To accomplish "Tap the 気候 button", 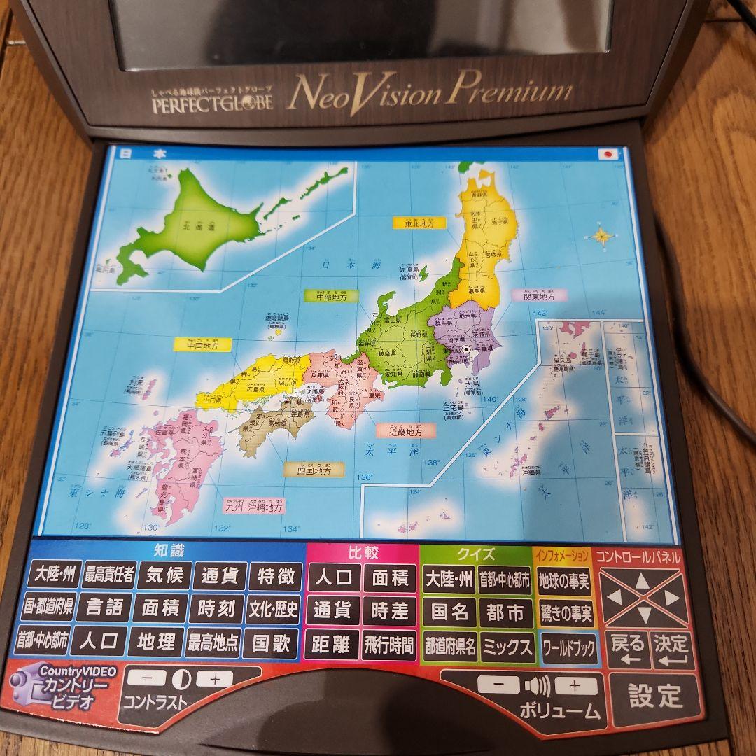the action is point(164,576).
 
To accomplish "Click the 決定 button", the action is point(670,650).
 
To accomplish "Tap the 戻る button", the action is point(627,650).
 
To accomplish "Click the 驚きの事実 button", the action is point(566,614).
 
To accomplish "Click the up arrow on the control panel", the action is point(642,580).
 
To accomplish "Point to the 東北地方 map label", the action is point(418,223).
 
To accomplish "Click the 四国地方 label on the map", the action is point(314,470).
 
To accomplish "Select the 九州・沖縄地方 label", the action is point(253,506).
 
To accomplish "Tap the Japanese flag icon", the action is point(608,155).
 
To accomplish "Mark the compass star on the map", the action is point(603,235).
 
